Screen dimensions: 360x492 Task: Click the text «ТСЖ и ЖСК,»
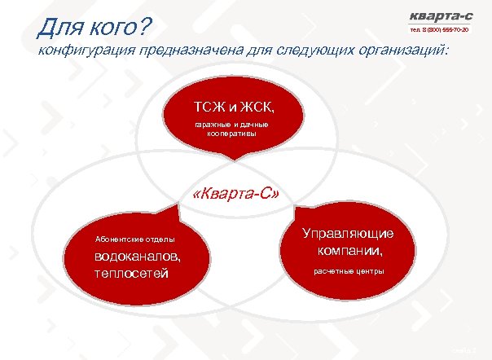point(235,107)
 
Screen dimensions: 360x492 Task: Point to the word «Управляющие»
point(349,233)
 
